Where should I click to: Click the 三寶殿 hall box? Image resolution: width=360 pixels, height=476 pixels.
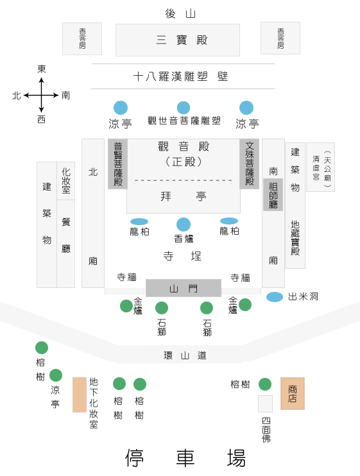pos(178,40)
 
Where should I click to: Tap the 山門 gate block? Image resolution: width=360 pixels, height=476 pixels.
pos(184,288)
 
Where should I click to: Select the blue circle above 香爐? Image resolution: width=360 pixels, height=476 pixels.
pos(184,225)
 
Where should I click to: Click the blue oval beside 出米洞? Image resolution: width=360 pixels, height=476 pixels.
pos(275,297)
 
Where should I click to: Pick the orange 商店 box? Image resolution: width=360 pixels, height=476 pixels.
pos(293,393)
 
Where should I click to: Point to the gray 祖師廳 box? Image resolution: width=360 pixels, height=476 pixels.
pos(273,194)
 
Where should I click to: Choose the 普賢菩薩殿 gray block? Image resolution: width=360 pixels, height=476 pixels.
pos(118,164)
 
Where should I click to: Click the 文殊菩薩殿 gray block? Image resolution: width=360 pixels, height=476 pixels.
pos(249,164)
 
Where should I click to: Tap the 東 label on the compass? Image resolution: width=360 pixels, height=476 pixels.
pos(42,69)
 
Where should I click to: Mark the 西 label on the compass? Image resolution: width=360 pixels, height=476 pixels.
pos(41,119)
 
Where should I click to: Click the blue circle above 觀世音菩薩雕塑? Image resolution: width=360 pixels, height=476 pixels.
pos(184,108)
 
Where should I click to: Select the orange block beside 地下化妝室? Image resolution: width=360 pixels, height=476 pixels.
pos(80,395)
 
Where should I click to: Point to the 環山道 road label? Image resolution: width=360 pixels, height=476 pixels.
pos(185,355)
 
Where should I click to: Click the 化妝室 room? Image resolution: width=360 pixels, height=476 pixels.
pos(66,181)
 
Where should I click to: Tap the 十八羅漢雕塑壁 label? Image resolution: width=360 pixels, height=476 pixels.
pos(180,76)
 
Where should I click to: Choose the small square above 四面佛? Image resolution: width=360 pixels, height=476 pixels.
pos(265,404)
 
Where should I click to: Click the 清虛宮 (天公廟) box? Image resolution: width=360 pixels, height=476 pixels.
pos(321,167)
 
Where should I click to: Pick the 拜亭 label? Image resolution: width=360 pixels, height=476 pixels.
pos(184,196)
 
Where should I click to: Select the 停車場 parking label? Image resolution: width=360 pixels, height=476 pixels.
pos(185,458)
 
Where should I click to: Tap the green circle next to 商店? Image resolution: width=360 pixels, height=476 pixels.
pos(265,384)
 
